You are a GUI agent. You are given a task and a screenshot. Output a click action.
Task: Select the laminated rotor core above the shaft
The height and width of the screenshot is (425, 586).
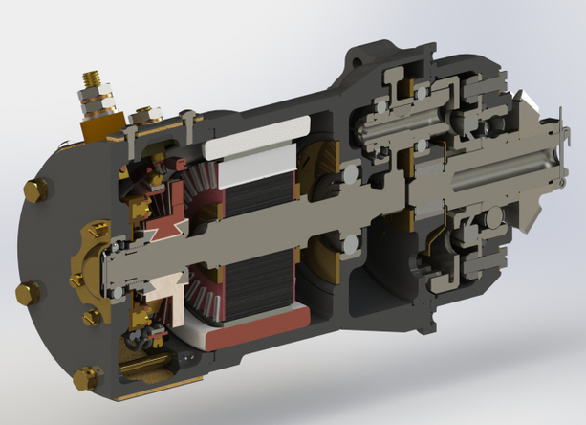click(252, 196)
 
